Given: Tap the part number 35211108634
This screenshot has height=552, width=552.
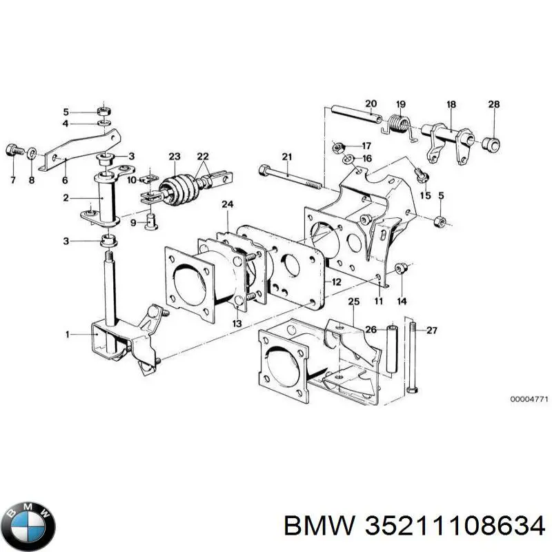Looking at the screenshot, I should click(451, 526).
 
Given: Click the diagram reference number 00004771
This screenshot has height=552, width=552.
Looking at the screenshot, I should click(529, 400).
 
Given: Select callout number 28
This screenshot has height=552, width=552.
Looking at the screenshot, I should click(494, 105).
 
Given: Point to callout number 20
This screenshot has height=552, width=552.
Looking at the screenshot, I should click(371, 105).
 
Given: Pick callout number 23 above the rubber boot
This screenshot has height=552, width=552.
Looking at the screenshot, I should click(174, 156).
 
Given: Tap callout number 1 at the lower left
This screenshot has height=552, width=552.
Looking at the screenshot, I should click(68, 335).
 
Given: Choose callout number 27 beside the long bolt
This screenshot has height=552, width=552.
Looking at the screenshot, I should click(432, 331).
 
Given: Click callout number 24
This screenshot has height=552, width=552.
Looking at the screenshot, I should click(227, 205).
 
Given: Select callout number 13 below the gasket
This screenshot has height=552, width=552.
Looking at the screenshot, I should click(236, 324).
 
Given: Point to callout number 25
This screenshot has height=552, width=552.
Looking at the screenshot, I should click(353, 302).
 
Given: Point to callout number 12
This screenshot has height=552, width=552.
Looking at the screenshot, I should click(336, 282).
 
